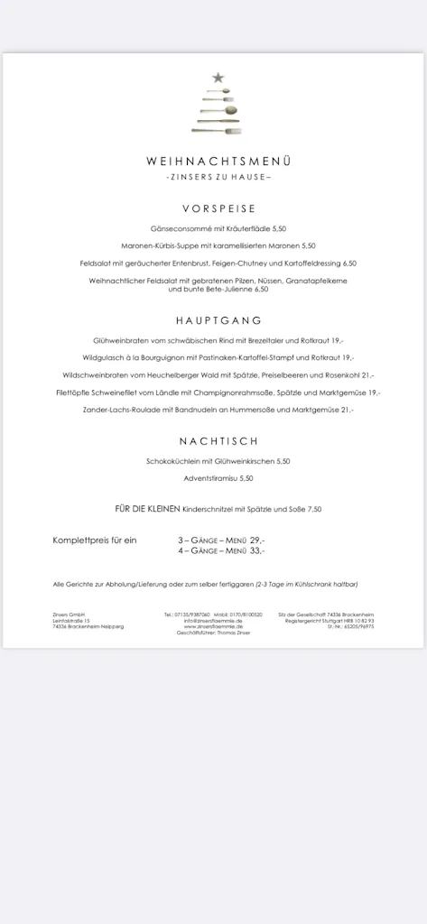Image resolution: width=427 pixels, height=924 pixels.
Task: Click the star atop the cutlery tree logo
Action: [218, 79]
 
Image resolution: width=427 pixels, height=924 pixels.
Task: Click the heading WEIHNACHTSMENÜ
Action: [218, 161]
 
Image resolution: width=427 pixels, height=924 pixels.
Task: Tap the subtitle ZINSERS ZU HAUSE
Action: [218, 177]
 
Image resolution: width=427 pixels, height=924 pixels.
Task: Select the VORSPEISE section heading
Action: [218, 208]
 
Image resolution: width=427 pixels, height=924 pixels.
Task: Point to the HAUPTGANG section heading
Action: [218, 320]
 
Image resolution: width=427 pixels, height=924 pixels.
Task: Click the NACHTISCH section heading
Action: [218, 441]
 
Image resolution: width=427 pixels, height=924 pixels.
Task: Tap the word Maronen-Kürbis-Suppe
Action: [155, 246]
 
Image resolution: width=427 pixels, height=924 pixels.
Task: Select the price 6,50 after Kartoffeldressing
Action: [348, 263]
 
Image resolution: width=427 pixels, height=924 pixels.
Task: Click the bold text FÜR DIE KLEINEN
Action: [147, 509]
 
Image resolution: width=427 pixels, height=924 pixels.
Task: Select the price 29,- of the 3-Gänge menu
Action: [257, 540]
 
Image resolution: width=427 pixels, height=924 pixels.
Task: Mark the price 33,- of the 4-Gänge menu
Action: [257, 550]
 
